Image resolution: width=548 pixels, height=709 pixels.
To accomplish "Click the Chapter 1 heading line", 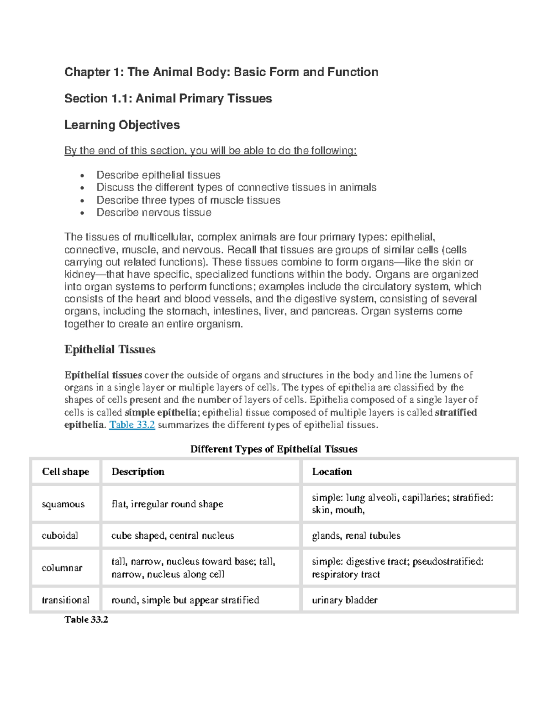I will tap(221, 72).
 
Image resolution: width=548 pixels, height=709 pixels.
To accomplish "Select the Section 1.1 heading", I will tap(168, 99).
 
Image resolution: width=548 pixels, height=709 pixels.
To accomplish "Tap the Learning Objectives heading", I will tap(122, 125).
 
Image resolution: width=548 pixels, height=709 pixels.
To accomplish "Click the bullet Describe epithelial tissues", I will tap(158, 175).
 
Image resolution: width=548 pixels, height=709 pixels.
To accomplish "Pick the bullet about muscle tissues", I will tap(188, 200).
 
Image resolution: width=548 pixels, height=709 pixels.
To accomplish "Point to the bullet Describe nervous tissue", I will tap(153, 213).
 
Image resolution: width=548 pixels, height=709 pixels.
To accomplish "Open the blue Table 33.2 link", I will tap(132, 425).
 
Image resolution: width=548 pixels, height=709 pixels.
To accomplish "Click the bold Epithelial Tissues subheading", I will tap(110, 350).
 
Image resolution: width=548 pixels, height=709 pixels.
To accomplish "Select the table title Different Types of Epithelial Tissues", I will tap(274, 449).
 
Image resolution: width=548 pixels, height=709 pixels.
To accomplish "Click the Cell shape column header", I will tap(65, 472).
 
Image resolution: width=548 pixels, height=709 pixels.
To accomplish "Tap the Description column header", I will tap(138, 472).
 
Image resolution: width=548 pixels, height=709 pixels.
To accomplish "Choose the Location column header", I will tap(332, 472).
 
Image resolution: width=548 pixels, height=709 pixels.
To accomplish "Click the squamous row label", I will tap(63, 504).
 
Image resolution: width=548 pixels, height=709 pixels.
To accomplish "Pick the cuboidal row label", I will tap(60, 536).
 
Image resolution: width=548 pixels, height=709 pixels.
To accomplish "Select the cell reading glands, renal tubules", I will tap(356, 536).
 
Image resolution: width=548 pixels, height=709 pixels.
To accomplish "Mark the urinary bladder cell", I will tap(344, 600).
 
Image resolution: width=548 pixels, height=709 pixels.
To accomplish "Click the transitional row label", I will tap(65, 600).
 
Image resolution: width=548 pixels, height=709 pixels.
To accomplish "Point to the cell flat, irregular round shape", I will tap(167, 504).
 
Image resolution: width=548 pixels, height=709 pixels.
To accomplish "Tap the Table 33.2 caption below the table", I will tap(86, 620).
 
